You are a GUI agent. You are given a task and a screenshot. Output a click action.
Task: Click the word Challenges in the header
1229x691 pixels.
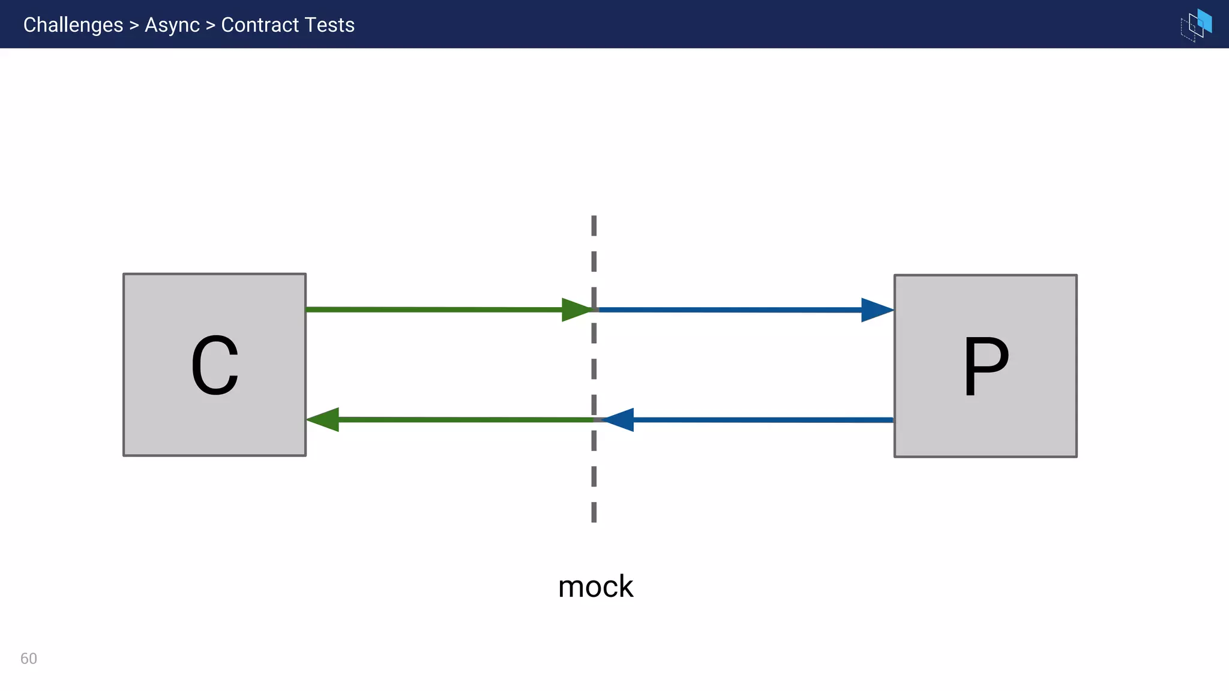point(73,25)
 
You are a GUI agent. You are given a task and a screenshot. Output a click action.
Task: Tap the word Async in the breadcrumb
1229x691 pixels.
point(172,25)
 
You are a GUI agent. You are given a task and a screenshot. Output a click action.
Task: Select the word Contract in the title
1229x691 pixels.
point(259,25)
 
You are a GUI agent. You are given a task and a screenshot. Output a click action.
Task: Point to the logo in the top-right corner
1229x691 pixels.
point(1196,25)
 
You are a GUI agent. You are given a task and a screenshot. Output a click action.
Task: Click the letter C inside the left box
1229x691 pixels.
point(215,365)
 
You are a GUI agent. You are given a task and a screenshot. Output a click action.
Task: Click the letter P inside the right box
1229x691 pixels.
point(985,365)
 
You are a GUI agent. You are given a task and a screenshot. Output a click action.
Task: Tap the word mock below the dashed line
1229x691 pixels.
point(595,587)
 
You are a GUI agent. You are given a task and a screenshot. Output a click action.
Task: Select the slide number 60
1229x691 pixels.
point(29,659)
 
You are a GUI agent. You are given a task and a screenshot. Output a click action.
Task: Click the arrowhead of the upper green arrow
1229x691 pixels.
point(576,310)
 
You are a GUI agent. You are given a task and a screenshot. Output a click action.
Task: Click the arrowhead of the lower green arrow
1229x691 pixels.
point(323,419)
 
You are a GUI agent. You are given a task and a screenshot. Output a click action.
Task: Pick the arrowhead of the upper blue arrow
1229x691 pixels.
point(876,310)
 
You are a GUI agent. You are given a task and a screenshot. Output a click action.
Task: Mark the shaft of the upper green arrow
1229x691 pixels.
point(432,310)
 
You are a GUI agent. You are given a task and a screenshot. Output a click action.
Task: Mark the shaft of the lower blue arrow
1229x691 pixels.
point(762,420)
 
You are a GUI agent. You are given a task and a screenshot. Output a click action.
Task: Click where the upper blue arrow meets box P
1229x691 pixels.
point(893,310)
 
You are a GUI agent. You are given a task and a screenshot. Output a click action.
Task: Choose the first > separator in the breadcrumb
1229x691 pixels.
point(134,26)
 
